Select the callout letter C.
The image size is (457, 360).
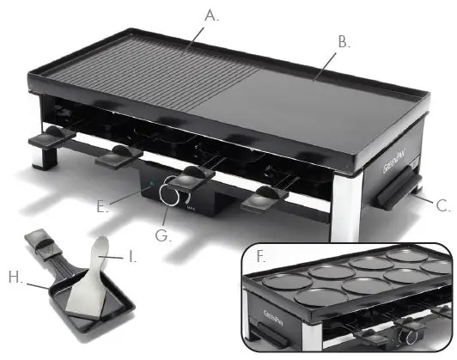443,205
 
